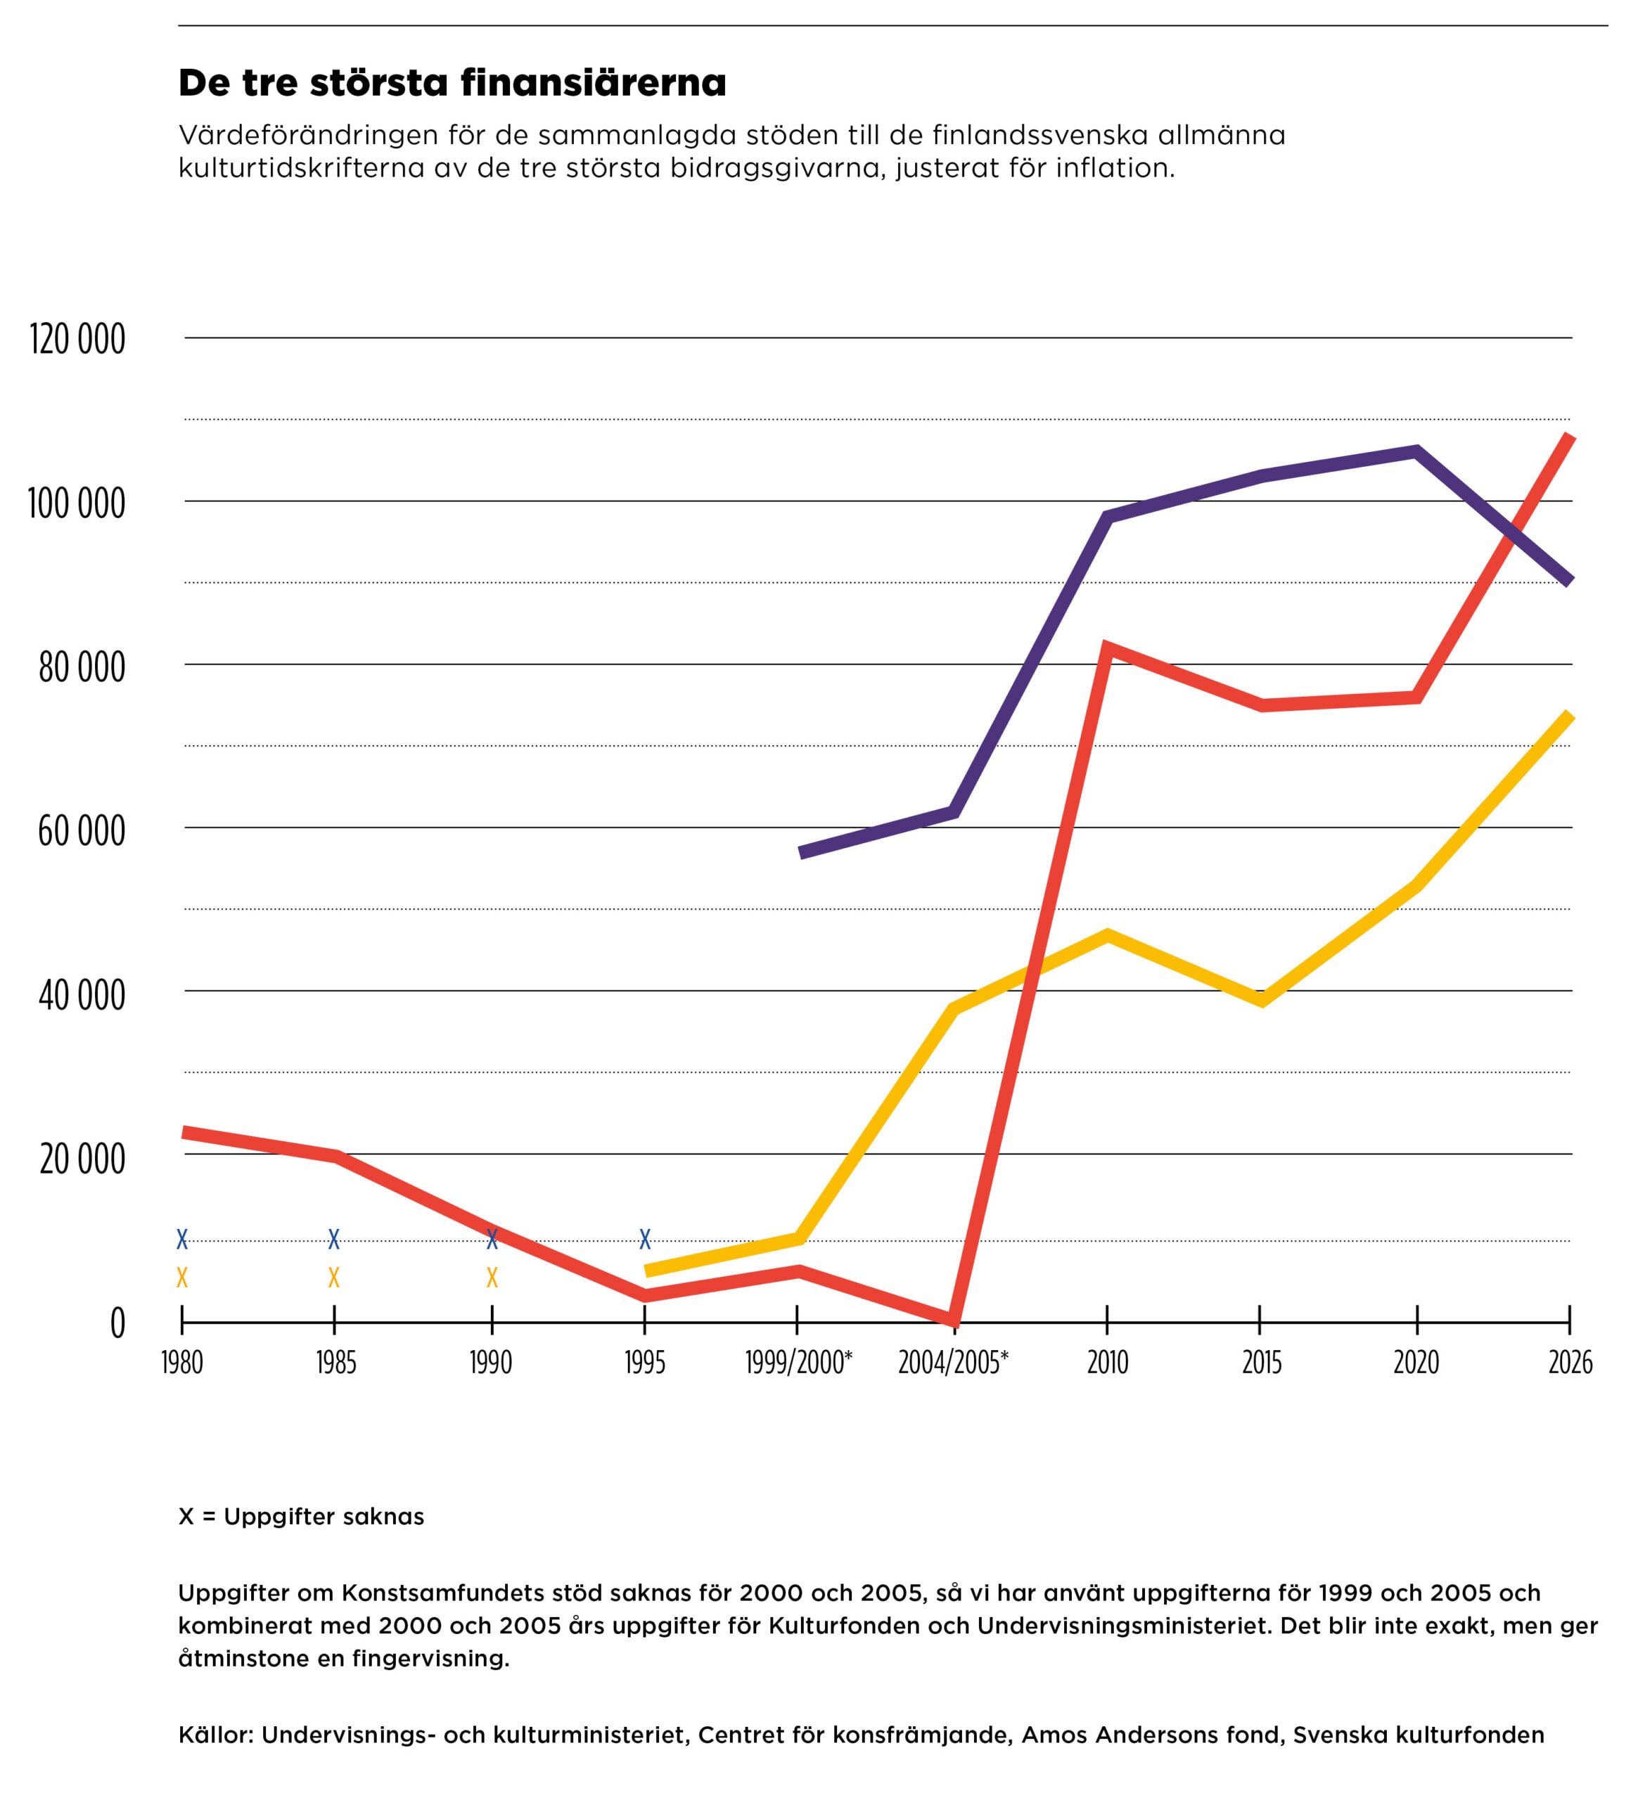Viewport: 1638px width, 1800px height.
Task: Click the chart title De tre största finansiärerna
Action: pos(452,83)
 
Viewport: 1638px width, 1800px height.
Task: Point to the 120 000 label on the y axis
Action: pos(77,340)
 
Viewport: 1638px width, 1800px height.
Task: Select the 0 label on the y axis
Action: pos(117,1323)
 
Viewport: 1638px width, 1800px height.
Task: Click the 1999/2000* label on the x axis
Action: pos(798,1363)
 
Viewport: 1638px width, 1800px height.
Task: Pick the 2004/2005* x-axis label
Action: pos(953,1363)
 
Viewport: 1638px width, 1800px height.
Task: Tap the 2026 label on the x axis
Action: pos(1570,1363)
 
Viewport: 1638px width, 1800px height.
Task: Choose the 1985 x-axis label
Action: pos(335,1363)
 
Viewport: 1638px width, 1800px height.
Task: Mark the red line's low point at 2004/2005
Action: pos(955,1320)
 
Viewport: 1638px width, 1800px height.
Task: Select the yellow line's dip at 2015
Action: pos(1261,999)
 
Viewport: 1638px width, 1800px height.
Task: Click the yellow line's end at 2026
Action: pos(1569,715)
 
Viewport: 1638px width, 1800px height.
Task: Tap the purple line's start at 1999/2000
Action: pos(801,853)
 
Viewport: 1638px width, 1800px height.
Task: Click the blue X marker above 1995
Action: pos(645,1240)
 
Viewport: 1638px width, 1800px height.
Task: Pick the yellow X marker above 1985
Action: pos(334,1278)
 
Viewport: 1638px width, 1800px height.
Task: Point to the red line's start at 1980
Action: pos(184,1132)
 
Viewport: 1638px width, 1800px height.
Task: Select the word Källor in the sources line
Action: pos(216,1735)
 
